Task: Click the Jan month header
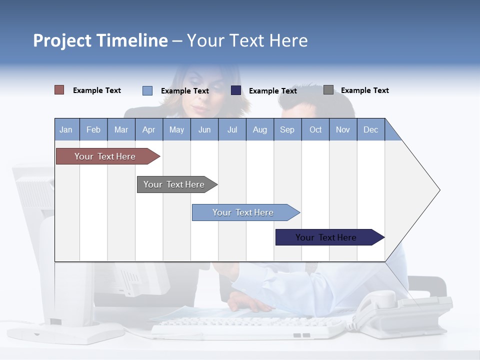66,129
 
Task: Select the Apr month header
149,129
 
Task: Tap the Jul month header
232,129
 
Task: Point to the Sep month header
287,129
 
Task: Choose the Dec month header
370,129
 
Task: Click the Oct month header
315,129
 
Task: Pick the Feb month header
93,129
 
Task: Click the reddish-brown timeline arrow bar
105,156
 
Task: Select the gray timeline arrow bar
174,184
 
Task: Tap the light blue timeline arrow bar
243,212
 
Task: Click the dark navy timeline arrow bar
326,237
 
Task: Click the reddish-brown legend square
59,90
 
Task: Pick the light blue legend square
147,90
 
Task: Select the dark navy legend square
236,90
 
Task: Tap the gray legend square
328,90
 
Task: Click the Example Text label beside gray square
364,90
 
